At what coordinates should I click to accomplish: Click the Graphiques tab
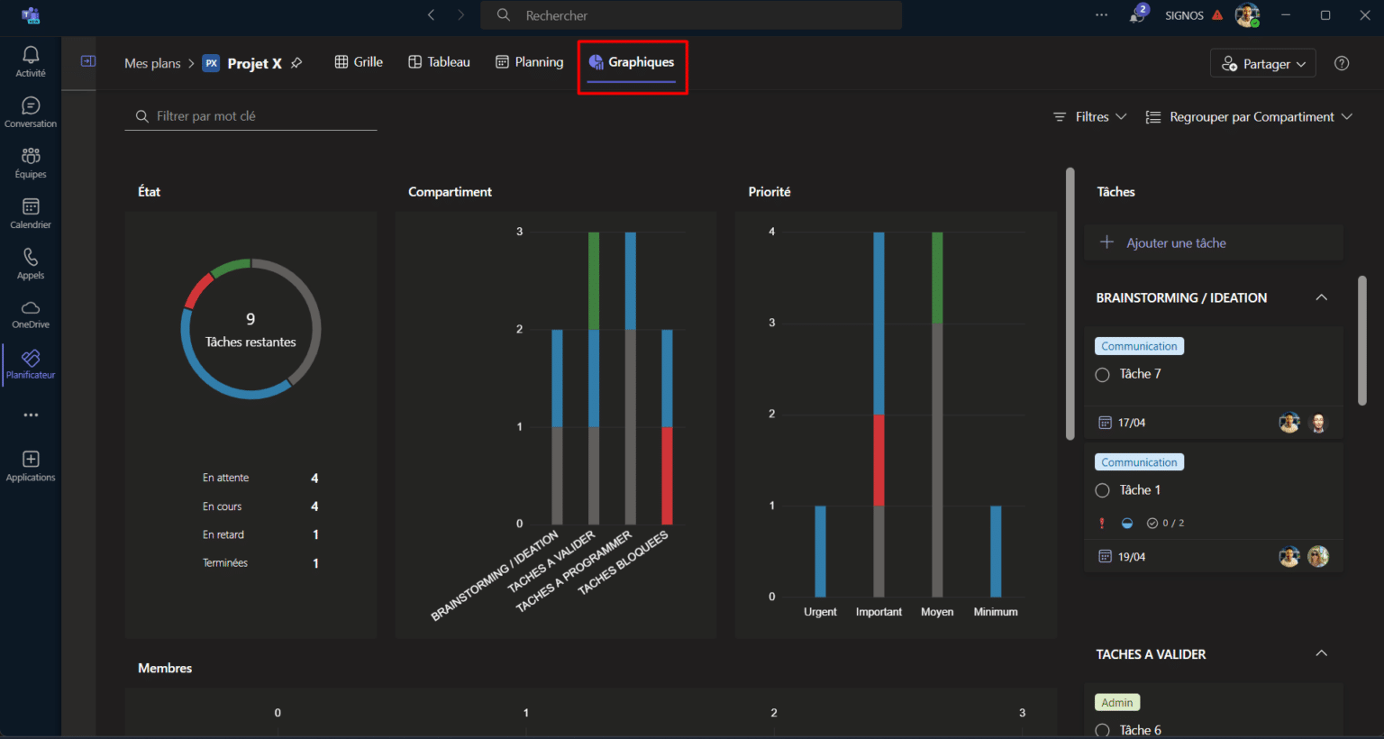632,62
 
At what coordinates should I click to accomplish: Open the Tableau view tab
439,62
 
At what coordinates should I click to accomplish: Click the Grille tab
359,62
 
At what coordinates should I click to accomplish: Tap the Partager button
1262,64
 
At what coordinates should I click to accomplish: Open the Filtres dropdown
1090,117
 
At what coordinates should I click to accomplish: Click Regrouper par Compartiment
1249,117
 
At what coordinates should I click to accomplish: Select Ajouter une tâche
1175,243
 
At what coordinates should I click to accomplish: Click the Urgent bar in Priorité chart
820,551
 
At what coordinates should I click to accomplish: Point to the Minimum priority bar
996,551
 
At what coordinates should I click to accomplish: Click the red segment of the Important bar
879,460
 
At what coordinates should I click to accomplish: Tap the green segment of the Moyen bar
937,278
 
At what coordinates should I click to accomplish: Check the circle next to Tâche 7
1102,375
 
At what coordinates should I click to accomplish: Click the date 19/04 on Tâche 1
1131,557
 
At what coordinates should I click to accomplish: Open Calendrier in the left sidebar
31,214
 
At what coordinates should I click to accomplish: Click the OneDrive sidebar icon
31,314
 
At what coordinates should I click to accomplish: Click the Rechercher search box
690,15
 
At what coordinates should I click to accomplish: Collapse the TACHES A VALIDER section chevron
1321,653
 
